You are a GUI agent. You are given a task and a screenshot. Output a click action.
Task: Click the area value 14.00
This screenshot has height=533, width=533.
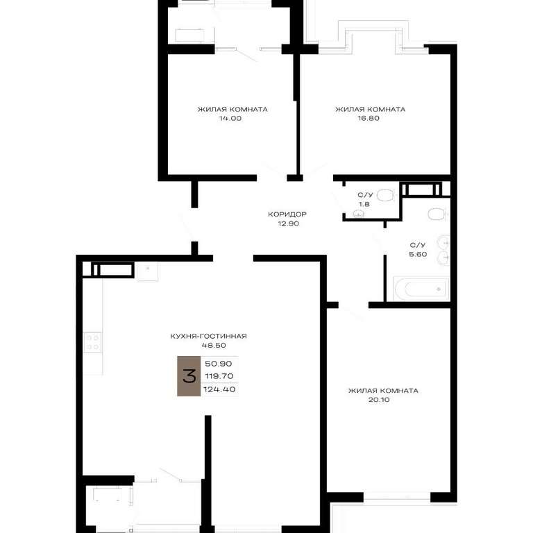(x=230, y=118)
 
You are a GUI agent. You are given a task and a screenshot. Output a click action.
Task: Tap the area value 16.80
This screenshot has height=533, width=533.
(x=369, y=118)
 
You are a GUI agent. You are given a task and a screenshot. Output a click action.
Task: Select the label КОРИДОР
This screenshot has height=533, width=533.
(x=287, y=214)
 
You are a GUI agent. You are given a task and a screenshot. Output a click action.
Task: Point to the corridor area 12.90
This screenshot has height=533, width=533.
(x=288, y=223)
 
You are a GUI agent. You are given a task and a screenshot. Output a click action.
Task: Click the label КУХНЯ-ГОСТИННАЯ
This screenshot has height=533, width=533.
(x=208, y=336)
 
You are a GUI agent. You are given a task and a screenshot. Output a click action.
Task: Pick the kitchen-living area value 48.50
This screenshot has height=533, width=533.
(x=214, y=346)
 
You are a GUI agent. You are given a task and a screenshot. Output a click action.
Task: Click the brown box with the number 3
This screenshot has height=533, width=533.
(x=189, y=376)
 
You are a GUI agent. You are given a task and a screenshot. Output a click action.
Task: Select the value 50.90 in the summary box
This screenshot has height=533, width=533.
(x=219, y=364)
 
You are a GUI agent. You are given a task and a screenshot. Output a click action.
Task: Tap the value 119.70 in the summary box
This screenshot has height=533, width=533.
(x=219, y=376)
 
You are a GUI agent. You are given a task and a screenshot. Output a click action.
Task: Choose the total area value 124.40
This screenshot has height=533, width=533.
(x=219, y=389)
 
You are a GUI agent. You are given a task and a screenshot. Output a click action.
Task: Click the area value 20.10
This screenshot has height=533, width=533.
(x=379, y=400)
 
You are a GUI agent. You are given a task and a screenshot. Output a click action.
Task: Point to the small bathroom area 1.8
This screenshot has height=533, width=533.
(x=364, y=204)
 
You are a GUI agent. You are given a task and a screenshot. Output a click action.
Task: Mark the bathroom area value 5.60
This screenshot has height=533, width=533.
(x=418, y=254)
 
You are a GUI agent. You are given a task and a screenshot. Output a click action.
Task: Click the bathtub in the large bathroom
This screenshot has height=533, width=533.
(x=421, y=289)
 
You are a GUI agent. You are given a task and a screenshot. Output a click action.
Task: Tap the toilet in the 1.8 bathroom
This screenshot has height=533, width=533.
(x=386, y=196)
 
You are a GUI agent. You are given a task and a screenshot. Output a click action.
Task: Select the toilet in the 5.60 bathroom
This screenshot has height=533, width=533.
(x=437, y=214)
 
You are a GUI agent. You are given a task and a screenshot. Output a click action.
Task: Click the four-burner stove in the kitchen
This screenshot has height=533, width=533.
(x=93, y=342)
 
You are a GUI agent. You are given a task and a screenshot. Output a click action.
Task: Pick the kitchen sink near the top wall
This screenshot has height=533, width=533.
(x=148, y=271)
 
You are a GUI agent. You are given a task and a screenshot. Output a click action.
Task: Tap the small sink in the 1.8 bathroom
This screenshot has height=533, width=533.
(x=358, y=214)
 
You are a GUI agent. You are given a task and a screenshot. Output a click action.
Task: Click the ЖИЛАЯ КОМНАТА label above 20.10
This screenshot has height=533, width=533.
(x=383, y=391)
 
